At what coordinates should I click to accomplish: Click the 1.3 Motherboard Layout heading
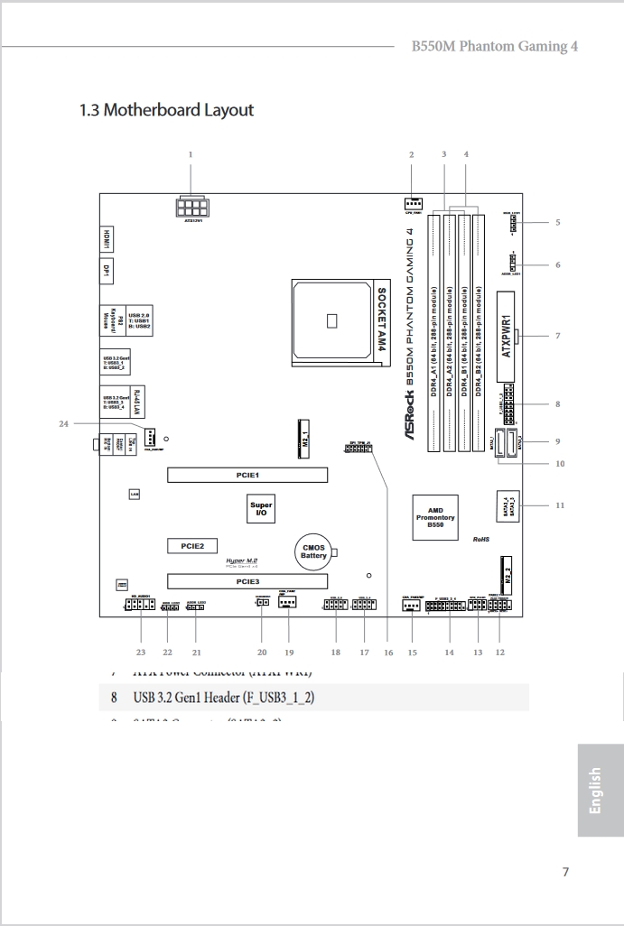[x=167, y=110]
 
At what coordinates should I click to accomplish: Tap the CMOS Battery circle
[x=313, y=551]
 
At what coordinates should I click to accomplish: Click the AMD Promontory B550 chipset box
[x=435, y=517]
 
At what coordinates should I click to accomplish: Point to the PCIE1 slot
[x=247, y=474]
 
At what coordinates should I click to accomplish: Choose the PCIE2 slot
[x=192, y=546]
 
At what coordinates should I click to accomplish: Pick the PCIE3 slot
[x=247, y=582]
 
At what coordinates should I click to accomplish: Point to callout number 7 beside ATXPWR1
[x=557, y=336]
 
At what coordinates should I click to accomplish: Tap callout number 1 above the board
[x=191, y=154]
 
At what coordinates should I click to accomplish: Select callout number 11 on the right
[x=559, y=505]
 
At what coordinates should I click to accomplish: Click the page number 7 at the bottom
[x=565, y=872]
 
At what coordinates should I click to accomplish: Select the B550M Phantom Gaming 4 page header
[x=494, y=45]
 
